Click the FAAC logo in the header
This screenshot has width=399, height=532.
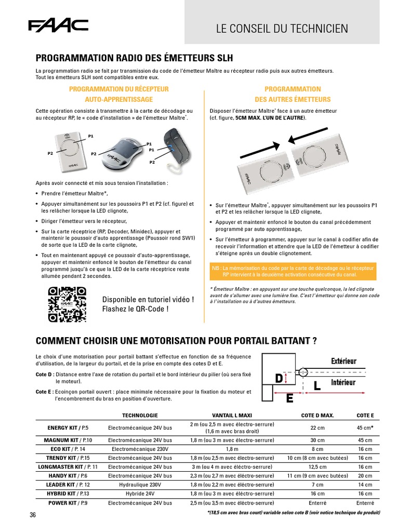[x=58, y=25]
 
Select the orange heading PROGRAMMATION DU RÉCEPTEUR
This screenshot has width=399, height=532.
[x=119, y=89]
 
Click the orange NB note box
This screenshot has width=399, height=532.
[x=292, y=271]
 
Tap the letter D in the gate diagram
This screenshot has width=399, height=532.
[x=278, y=379]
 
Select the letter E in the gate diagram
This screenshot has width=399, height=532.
[x=289, y=398]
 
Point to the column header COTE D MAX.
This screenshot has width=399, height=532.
[x=317, y=416]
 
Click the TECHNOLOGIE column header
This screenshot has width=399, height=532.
[x=140, y=416]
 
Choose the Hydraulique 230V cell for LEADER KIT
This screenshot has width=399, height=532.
[x=140, y=484]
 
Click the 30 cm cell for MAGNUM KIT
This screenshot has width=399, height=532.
[x=317, y=440]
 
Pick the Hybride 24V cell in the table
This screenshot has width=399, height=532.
[x=140, y=494]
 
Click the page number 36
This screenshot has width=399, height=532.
[x=33, y=515]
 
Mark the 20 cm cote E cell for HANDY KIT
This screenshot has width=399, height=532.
[x=365, y=475]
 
